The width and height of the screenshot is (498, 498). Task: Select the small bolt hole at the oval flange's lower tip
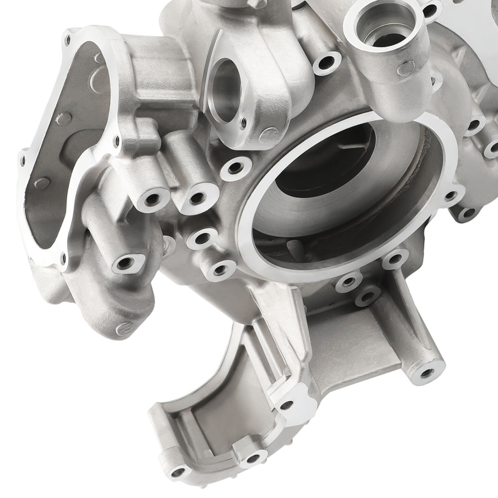pos(243,121)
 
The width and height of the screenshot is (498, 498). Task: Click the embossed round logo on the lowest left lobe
pos(124,328)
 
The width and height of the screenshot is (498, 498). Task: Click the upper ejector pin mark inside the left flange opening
pos(64,119)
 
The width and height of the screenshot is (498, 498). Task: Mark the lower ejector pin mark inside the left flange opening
pos(43,183)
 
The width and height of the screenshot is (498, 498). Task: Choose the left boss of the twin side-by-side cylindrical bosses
pos(153,199)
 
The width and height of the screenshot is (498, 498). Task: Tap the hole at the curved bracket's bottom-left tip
pos(177,470)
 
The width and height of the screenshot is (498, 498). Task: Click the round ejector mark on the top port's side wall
pos(406,68)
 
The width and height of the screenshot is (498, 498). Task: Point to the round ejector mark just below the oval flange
pos(269,134)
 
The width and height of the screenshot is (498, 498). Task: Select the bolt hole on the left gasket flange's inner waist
pos(118,141)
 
